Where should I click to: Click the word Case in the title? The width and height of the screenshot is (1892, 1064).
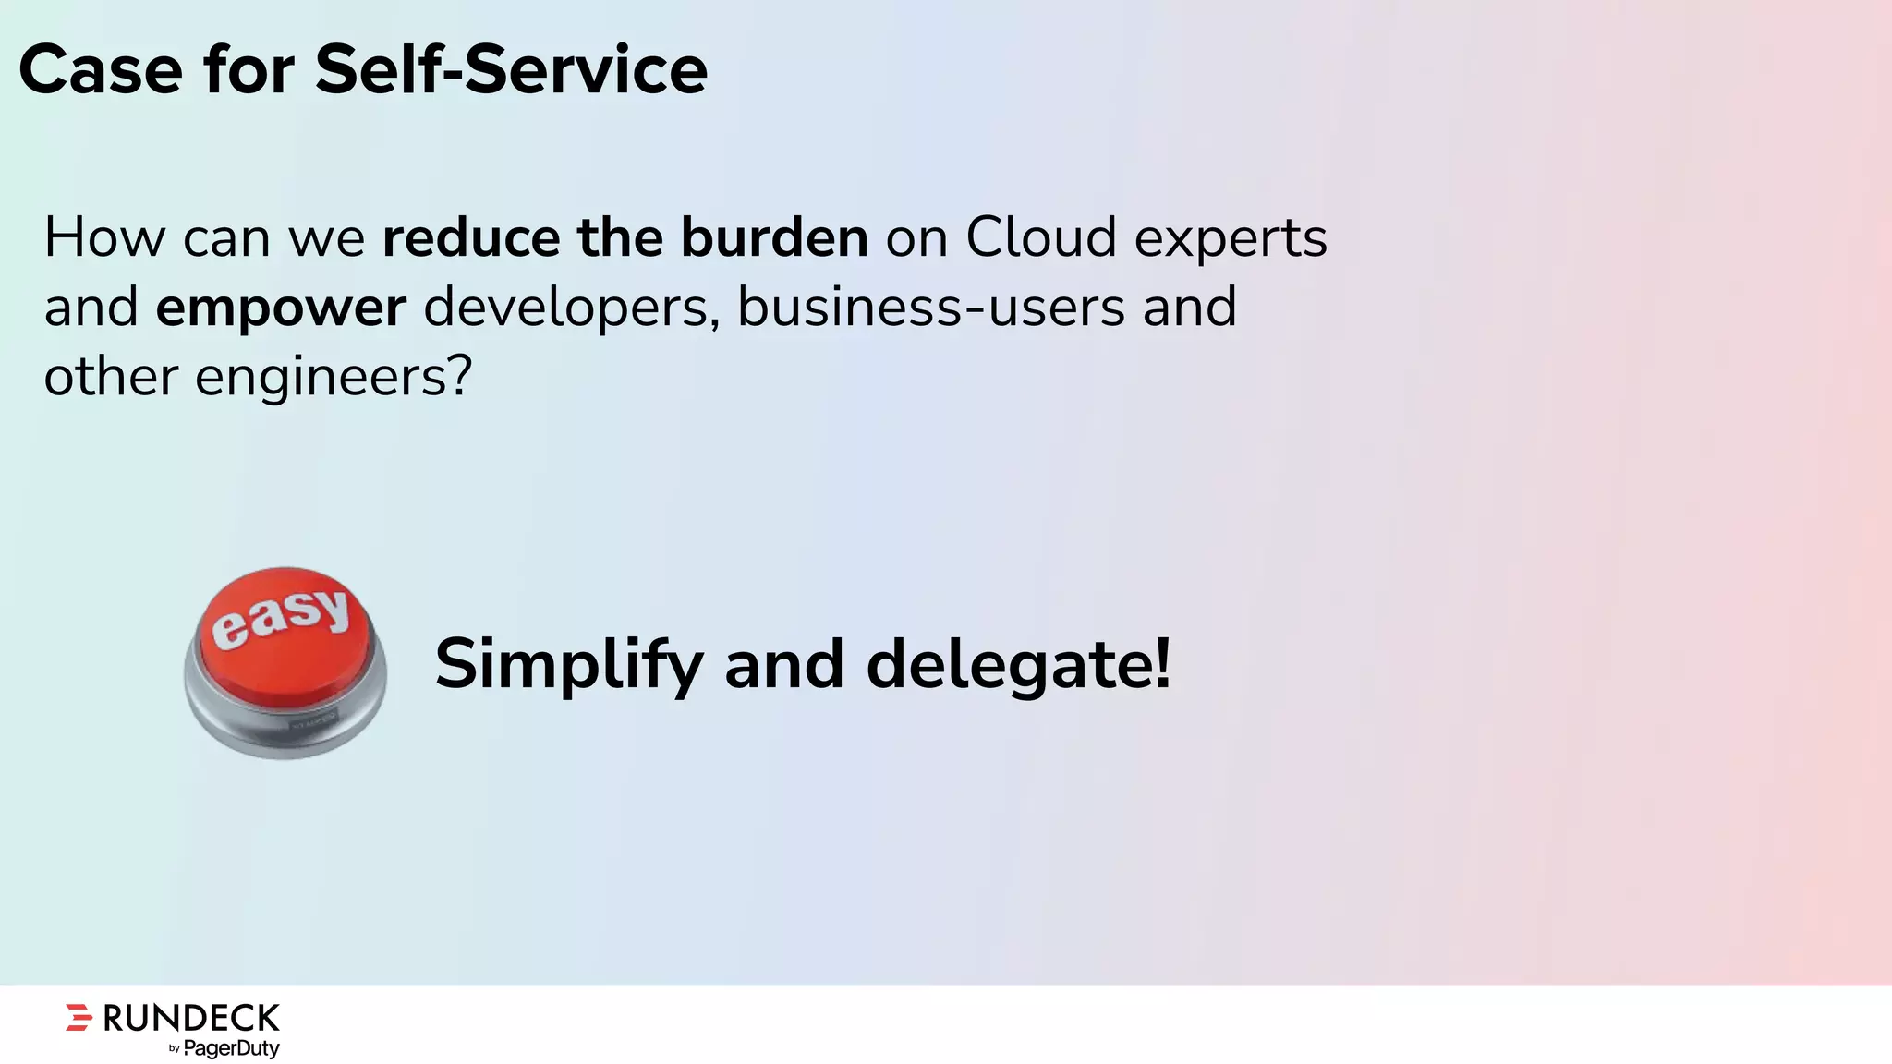(101, 70)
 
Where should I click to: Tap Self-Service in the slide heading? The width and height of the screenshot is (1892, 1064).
(511, 70)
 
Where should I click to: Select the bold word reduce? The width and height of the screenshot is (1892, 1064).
(470, 238)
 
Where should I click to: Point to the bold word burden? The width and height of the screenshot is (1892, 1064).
(774, 238)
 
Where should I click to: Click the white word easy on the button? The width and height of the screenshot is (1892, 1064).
(281, 616)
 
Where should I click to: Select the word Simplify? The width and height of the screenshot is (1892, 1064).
(569, 665)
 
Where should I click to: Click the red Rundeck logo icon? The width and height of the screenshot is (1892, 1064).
(79, 1017)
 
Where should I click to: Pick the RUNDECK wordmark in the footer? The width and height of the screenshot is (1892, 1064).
(191, 1018)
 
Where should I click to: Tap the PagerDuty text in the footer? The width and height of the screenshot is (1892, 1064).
(232, 1048)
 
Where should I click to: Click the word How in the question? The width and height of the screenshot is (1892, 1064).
(104, 238)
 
